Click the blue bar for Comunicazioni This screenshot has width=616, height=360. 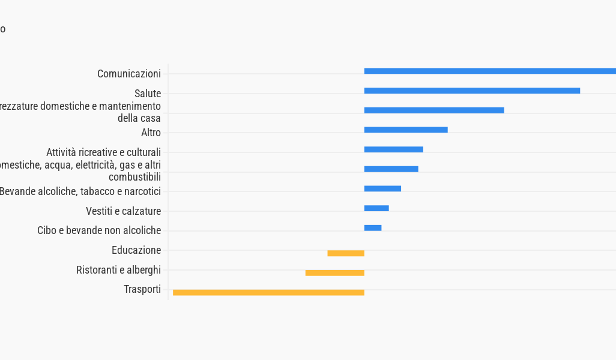pyautogui.click(x=489, y=71)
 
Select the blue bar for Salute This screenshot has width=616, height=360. pyautogui.click(x=472, y=91)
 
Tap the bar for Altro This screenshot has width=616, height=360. pyautogui.click(x=406, y=130)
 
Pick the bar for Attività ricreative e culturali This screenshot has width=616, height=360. pyautogui.click(x=393, y=149)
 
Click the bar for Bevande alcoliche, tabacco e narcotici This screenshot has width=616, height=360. pyautogui.click(x=382, y=188)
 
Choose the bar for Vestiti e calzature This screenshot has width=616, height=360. pyautogui.click(x=376, y=208)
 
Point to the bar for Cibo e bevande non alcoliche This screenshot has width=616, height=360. pyautogui.click(x=373, y=228)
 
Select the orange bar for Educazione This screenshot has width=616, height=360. pyautogui.click(x=346, y=253)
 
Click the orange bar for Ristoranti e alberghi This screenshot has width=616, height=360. pyautogui.click(x=335, y=273)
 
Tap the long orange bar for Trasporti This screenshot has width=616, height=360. pyautogui.click(x=268, y=293)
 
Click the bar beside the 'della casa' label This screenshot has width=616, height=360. pyautogui.click(x=434, y=110)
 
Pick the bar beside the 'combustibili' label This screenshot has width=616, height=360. pyautogui.click(x=391, y=169)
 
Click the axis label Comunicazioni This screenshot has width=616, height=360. pyautogui.click(x=129, y=74)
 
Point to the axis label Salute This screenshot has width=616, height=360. pyautogui.click(x=148, y=94)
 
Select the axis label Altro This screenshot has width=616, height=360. pyautogui.click(x=151, y=133)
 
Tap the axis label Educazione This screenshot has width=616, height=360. pyautogui.click(x=136, y=250)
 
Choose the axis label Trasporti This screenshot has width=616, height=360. pyautogui.click(x=142, y=289)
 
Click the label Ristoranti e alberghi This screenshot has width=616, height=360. pyautogui.click(x=118, y=270)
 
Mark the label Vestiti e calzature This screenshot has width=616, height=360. pyautogui.click(x=123, y=211)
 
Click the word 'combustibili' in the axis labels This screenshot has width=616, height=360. pyautogui.click(x=134, y=177)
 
